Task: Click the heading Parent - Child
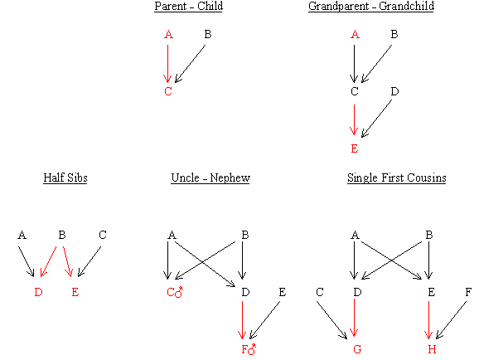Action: [188, 6]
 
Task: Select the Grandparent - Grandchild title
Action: [371, 6]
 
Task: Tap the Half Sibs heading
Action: [65, 178]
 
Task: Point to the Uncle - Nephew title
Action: [210, 178]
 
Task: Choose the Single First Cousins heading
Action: [396, 178]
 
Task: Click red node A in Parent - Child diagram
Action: [168, 34]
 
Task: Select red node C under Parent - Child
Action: [168, 91]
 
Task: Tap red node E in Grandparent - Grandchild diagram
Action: [355, 148]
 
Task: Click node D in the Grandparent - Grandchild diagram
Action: [394, 91]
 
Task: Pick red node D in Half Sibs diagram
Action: [38, 292]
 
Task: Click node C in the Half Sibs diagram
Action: [103, 235]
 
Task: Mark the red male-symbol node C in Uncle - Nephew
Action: [175, 292]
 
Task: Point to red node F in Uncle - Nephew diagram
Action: [249, 349]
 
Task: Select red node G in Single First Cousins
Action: [357, 349]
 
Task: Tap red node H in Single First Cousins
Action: [432, 349]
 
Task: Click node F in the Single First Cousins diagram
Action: [468, 292]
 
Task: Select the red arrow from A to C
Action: [167, 64]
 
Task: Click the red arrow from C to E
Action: [354, 120]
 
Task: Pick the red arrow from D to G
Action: [354, 318]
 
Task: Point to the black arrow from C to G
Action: [331, 320]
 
